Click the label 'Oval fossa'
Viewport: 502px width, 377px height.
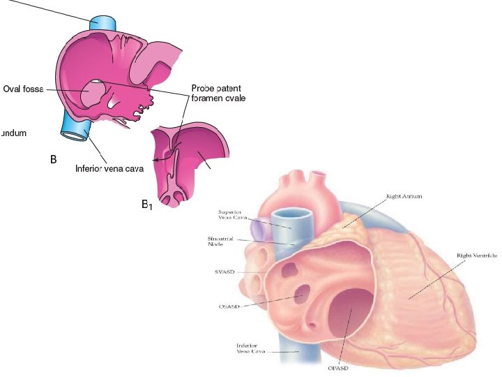23,89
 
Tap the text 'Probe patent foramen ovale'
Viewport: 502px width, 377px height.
218,94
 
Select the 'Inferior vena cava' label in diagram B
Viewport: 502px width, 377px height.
109,168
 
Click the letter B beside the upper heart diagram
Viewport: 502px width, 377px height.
53,160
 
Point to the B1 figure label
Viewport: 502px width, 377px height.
147,205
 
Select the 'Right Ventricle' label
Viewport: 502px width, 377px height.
476,256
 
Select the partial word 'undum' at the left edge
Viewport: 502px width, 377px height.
13,133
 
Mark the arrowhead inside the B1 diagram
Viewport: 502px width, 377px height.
157,160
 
